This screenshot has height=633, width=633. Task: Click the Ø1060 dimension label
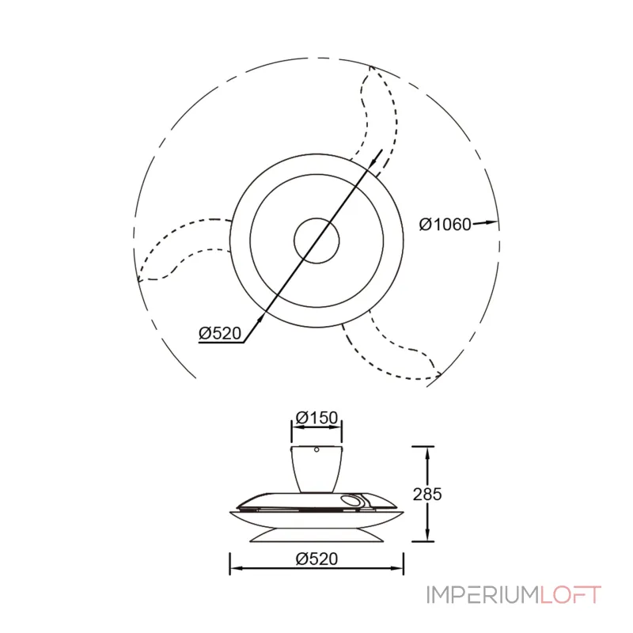point(445,225)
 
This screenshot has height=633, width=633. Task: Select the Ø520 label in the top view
point(220,333)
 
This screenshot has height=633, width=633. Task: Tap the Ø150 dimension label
point(316,418)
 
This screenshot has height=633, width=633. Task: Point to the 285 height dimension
point(427,494)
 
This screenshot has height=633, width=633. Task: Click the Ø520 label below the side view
point(316,559)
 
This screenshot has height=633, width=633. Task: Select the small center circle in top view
point(316,241)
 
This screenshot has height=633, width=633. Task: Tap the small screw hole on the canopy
point(316,449)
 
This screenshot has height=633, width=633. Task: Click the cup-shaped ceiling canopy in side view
point(316,468)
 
